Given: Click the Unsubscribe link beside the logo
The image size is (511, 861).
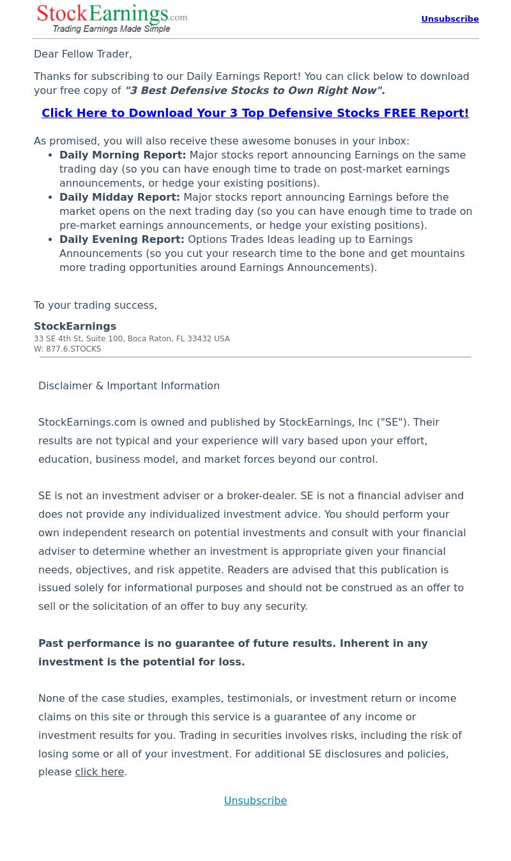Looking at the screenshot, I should coord(450,19).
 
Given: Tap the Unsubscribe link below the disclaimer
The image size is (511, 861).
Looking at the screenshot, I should coord(255,801).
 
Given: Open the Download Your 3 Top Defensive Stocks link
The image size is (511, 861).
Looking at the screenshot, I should coord(255,113).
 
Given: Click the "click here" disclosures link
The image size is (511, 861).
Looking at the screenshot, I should coord(99,772).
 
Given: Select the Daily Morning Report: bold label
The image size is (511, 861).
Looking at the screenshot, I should coord(123,155).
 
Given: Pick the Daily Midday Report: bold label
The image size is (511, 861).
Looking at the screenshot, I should coord(119,198).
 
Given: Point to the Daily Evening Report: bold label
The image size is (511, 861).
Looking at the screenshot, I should coord(121,240).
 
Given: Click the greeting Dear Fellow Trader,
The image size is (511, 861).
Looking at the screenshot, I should coord(83,54).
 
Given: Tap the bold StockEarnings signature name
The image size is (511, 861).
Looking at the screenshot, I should coord(75,327).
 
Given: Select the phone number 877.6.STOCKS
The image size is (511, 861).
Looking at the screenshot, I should coord(73,350).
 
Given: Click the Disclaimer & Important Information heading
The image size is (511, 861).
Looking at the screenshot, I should coord(129,386).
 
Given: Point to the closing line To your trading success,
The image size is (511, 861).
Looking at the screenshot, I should coord(95,306).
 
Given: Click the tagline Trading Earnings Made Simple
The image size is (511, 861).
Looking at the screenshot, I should coord(111,29).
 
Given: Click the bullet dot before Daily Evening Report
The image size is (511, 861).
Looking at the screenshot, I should coord(50,240).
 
